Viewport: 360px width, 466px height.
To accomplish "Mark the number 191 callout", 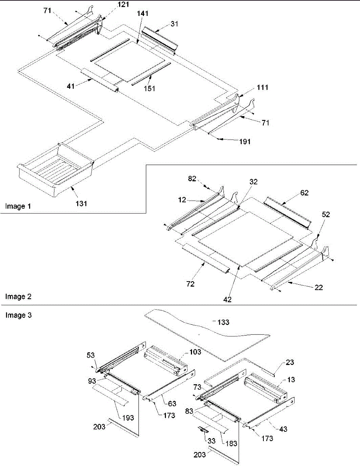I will click(244, 142).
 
